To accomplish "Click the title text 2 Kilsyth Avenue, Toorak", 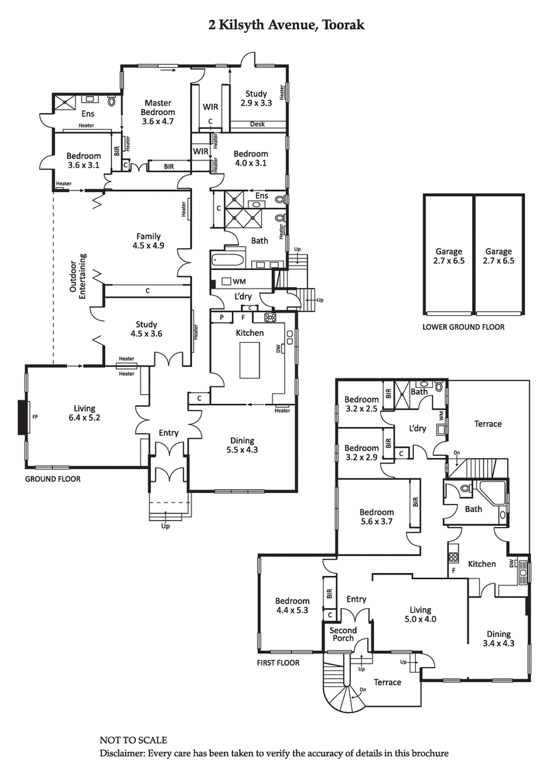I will pyautogui.click(x=287, y=25).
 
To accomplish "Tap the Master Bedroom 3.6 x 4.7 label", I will pyautogui.click(x=158, y=112).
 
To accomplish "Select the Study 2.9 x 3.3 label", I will pyautogui.click(x=257, y=98).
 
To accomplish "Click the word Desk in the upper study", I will pyautogui.click(x=258, y=125).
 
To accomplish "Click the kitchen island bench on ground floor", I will pyautogui.click(x=250, y=359).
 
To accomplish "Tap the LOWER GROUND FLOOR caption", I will pyautogui.click(x=463, y=327).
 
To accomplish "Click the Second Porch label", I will pyautogui.click(x=343, y=634).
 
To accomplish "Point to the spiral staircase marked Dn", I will pyautogui.click(x=347, y=692).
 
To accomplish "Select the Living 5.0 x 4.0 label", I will pyautogui.click(x=419, y=614).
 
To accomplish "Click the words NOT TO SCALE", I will pyautogui.click(x=133, y=741).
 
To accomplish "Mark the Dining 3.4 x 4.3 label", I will pyautogui.click(x=498, y=639).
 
